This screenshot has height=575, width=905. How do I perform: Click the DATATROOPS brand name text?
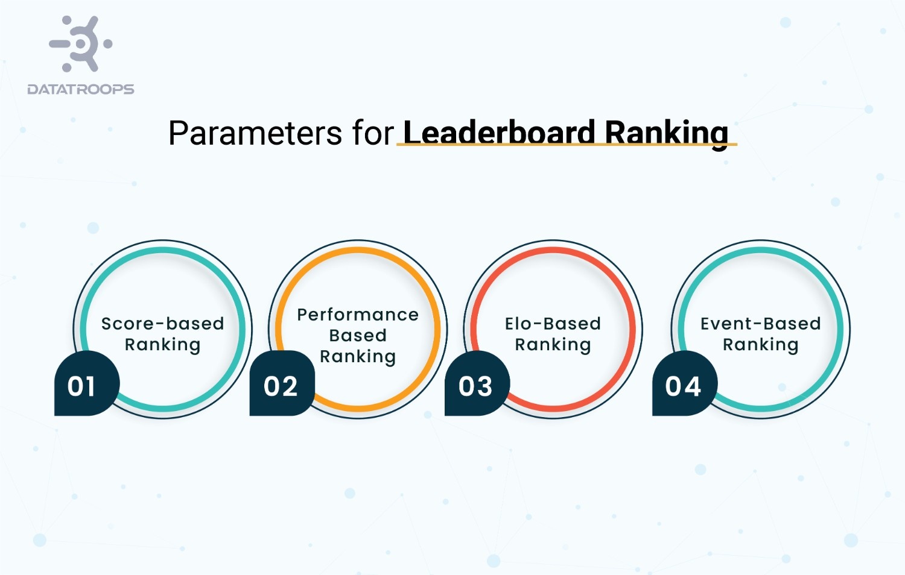[x=81, y=89]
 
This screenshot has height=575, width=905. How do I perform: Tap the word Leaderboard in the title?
[x=499, y=132]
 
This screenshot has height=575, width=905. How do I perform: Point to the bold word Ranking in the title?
[x=666, y=133]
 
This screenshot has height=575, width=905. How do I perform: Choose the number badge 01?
[x=82, y=386]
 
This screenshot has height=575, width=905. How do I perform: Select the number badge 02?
[x=281, y=386]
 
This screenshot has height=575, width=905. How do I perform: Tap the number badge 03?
[x=475, y=386]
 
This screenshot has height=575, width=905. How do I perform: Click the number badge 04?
[x=683, y=386]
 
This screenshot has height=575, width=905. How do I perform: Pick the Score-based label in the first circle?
[x=162, y=324]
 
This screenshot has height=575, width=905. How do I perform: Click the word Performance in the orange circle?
[x=358, y=315]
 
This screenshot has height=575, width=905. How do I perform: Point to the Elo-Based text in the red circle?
[x=553, y=324]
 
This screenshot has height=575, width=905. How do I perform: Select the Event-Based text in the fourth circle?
[x=760, y=324]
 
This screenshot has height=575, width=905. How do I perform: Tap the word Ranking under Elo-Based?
[x=553, y=345]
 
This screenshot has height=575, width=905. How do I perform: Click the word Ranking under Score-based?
[x=162, y=345]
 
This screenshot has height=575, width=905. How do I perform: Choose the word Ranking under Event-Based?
[x=760, y=345]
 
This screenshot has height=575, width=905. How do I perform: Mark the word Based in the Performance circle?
[x=358, y=335]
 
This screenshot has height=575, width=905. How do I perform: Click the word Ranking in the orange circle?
[x=358, y=357]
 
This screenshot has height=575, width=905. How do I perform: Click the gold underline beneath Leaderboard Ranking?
[x=567, y=145]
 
